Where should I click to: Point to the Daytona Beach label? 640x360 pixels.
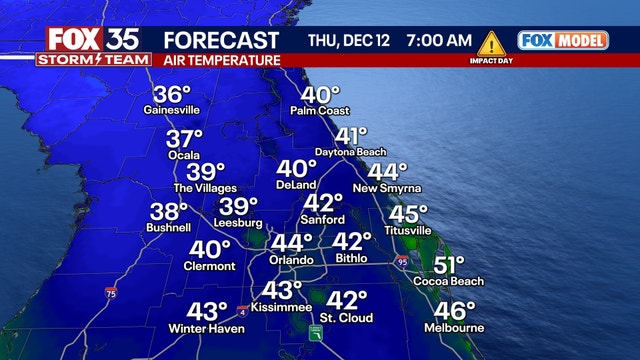click(350, 151)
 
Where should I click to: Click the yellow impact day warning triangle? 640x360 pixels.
click(491, 43)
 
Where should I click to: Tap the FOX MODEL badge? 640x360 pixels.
click(562, 41)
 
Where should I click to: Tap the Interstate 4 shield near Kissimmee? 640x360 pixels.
click(242, 312)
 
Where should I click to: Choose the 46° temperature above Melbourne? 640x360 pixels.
click(455, 311)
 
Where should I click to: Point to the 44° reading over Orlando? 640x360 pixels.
click(292, 243)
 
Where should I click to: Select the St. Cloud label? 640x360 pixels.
click(346, 318)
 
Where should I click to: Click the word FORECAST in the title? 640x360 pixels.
click(221, 41)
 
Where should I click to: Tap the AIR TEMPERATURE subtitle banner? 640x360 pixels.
click(221, 61)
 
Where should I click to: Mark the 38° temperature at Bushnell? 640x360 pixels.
click(168, 212)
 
